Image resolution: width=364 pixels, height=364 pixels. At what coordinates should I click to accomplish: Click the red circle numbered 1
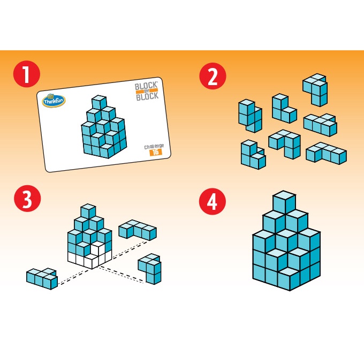click(27, 74)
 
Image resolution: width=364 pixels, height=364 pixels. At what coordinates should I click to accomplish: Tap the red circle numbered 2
click(213, 76)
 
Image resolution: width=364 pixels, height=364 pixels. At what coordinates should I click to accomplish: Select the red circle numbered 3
click(27, 199)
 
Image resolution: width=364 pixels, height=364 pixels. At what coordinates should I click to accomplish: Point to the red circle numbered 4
click(213, 201)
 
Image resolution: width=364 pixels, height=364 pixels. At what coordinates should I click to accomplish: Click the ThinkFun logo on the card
click(54, 101)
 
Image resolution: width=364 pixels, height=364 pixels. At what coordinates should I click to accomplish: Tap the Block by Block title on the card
click(147, 91)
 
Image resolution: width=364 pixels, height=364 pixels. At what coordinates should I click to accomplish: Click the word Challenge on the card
click(154, 147)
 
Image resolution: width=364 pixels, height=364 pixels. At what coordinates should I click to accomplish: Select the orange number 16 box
click(156, 152)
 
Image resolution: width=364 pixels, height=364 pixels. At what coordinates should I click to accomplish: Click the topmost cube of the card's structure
click(99, 102)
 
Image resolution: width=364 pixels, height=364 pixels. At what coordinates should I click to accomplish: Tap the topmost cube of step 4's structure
click(284, 202)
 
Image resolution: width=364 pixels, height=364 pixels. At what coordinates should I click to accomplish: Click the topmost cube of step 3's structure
click(88, 211)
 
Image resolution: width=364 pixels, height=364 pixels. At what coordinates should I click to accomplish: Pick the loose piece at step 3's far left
click(42, 278)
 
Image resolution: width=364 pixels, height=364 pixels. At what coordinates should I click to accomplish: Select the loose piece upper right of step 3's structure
click(138, 230)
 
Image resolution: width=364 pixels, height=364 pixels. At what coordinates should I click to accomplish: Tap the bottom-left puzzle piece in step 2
click(253, 155)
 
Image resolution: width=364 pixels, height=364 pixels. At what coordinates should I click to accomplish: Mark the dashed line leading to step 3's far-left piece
click(74, 277)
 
